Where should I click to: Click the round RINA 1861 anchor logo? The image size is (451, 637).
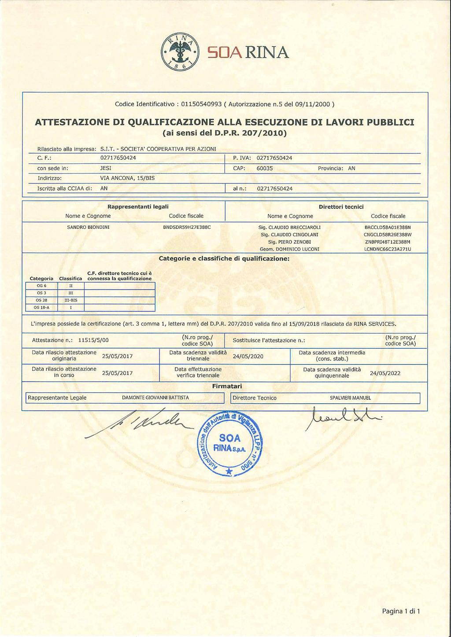coord(181,52)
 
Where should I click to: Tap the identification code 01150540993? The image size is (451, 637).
coord(201,104)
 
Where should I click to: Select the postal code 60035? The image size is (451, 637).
coord(265,168)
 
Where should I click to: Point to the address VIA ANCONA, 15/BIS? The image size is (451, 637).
coord(127,178)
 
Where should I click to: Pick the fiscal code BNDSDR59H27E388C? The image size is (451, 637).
coord(187,227)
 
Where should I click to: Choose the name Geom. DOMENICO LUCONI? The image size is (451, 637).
coord(289,249)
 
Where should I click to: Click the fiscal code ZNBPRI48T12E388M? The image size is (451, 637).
coord(388,242)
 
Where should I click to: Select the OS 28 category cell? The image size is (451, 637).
coord(42,300)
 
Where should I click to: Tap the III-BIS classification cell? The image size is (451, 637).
coord(71,300)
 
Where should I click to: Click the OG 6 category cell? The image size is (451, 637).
coord(42,286)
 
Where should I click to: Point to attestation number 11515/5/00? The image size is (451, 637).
coord(93,340)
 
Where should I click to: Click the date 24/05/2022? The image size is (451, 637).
coord(385,373)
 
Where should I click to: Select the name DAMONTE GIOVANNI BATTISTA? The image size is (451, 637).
coord(155,398)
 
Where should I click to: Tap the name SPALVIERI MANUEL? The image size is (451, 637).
coord(350,398)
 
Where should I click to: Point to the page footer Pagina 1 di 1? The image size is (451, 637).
coord(401,611)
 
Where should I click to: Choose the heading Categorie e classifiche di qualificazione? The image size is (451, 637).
coord(224,258)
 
